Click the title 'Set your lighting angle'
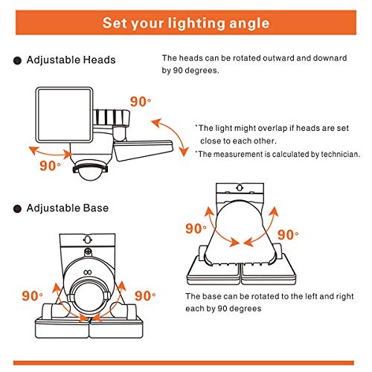pyautogui.click(x=186, y=23)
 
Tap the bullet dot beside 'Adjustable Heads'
pyautogui.click(x=17, y=60)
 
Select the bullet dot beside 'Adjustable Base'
pyautogui.click(x=17, y=209)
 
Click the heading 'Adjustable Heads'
pyautogui.click(x=71, y=60)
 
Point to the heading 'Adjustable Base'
pyautogui.click(x=68, y=208)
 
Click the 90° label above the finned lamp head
pyautogui.click(x=141, y=102)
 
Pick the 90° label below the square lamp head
pyautogui.click(x=50, y=166)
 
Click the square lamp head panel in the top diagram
pyautogui.click(x=64, y=115)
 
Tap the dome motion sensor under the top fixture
pyautogui.click(x=91, y=170)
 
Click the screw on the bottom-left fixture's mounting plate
pyautogui.click(x=88, y=252)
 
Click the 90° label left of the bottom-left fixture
pyautogui.click(x=32, y=295)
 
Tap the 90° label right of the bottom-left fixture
pyautogui.click(x=145, y=295)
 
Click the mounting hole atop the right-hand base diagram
pyautogui.click(x=240, y=187)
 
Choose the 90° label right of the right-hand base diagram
pyautogui.click(x=288, y=234)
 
